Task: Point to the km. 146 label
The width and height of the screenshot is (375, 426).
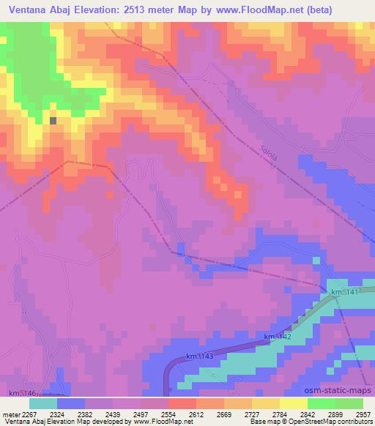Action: tap(23, 394)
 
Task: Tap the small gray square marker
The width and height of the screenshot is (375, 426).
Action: tap(53, 121)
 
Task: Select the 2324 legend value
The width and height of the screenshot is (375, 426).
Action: tap(69, 414)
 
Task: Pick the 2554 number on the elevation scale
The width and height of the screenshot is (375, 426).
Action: tap(181, 414)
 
